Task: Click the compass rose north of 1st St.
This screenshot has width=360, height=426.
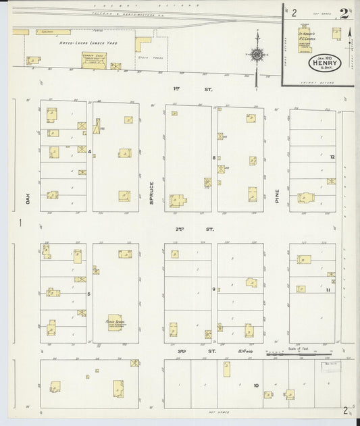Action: (x=257, y=55)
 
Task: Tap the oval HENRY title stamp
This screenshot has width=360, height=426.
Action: (x=326, y=61)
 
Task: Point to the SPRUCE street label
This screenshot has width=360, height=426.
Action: (x=152, y=193)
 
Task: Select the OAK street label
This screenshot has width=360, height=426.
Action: (x=29, y=198)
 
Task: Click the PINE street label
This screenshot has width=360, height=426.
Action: (x=277, y=196)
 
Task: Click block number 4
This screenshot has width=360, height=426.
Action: (x=89, y=151)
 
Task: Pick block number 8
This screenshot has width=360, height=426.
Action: (x=214, y=157)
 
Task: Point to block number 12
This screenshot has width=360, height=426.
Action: (x=332, y=157)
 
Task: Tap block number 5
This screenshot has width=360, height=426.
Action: (x=88, y=294)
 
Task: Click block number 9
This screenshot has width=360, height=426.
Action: (x=214, y=289)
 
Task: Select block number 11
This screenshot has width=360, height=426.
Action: (x=327, y=289)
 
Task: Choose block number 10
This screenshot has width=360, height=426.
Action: (x=256, y=385)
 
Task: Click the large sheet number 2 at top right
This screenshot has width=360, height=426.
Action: (x=344, y=13)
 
